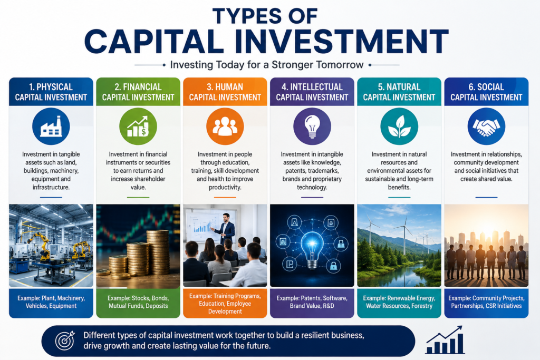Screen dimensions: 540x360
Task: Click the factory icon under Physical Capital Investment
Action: coord(51,127)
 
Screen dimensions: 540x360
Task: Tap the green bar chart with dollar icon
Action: coord(138,127)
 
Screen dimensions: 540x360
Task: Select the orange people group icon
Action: coord(225,127)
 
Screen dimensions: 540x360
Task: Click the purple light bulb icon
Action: coord(312,127)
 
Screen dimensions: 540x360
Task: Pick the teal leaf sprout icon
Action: coord(399,127)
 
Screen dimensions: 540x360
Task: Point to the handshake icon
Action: coord(486,127)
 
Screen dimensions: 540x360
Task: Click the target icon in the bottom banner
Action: coord(65,340)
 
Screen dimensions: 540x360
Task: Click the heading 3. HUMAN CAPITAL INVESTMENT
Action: coord(225,92)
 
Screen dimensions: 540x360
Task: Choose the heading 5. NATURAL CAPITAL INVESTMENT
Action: coord(399,92)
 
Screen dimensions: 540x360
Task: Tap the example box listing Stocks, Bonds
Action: coord(138,303)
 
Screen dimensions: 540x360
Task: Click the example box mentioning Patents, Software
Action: coord(312,303)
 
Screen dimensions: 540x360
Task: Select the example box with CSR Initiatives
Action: coord(486,303)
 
